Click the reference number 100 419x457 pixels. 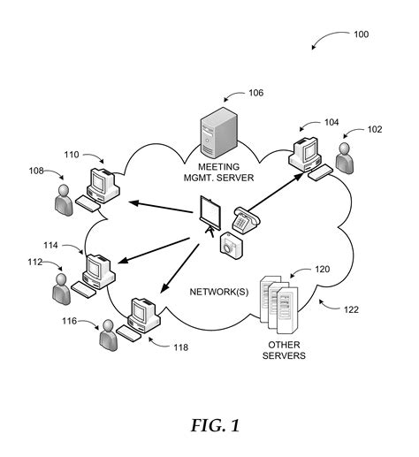coord(362,34)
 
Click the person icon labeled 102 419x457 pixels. coord(347,159)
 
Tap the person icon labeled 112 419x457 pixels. coord(61,286)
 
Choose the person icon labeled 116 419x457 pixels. coord(108,335)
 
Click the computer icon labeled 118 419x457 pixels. coord(141,316)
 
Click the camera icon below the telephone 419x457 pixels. coord(230,247)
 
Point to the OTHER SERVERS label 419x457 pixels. coord(284,350)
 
